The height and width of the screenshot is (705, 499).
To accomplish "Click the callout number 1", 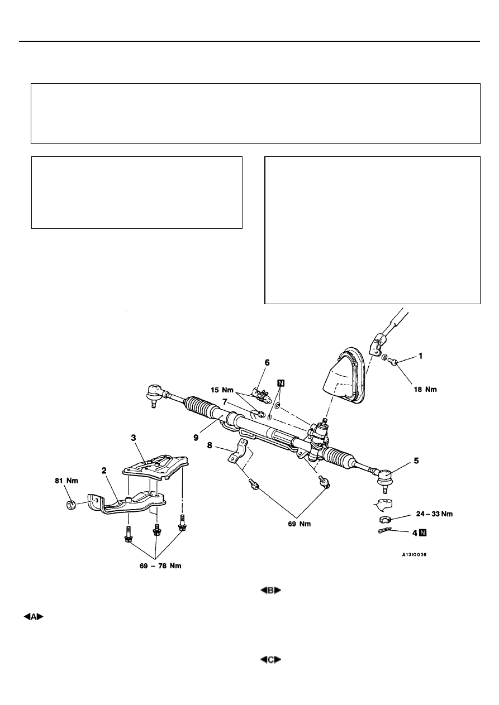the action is click(x=420, y=356).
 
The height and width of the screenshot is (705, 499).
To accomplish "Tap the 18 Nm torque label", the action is click(x=425, y=389).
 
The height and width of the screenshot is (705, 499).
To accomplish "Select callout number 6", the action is click(x=267, y=363).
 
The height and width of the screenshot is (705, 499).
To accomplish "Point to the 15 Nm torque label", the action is click(x=222, y=390).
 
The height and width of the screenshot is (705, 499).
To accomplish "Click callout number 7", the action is click(x=225, y=402).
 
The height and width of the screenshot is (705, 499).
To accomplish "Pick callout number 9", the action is click(x=196, y=438).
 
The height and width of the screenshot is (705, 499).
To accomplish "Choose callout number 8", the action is click(x=210, y=445).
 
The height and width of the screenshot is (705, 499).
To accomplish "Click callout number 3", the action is click(x=134, y=438).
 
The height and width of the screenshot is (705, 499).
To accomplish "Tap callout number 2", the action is click(x=104, y=471).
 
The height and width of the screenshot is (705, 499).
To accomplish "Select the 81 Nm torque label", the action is click(x=66, y=481).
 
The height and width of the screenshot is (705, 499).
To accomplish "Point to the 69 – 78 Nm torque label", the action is click(x=160, y=565).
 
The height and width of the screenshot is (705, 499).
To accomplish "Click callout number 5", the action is click(x=416, y=461).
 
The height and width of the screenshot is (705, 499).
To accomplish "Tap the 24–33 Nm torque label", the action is click(x=434, y=514).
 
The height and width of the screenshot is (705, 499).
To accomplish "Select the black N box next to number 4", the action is click(x=423, y=533).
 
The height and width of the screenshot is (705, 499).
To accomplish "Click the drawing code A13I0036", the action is click(x=414, y=555).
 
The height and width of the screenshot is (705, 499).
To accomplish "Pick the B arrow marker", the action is click(x=270, y=591).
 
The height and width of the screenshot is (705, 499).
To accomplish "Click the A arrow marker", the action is click(x=34, y=617).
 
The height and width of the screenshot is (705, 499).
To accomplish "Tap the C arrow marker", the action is click(x=270, y=660).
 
